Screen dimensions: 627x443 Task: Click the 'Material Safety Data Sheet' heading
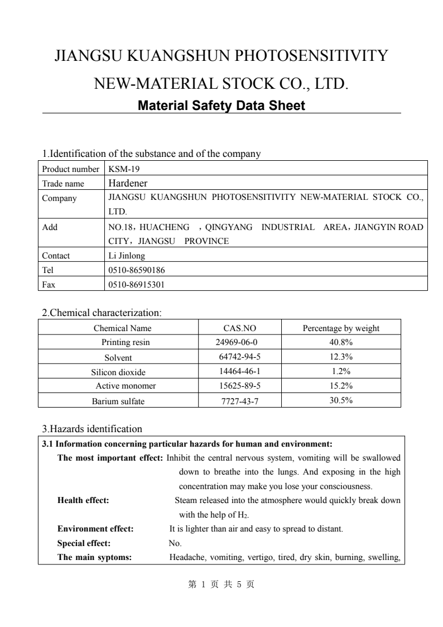[221, 106]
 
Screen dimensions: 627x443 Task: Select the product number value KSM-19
[119, 169]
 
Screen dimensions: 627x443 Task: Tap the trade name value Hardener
[128, 183]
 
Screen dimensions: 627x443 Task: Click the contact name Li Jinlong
[126, 256]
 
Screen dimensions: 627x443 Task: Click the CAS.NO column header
[239, 328]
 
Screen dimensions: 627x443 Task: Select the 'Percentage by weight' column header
[340, 328]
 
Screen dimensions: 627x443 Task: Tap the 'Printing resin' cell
[126, 342]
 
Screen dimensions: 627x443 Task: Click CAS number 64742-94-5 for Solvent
[239, 357]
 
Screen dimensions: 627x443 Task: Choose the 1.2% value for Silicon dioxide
[340, 371]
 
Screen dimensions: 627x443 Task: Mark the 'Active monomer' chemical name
[126, 386]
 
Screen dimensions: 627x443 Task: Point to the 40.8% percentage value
[340, 342]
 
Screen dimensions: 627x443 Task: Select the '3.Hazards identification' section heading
[92, 429]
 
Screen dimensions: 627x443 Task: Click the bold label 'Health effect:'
[83, 500]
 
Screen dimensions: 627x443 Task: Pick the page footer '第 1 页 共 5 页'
[221, 585]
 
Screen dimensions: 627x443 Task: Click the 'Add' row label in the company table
[50, 227]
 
